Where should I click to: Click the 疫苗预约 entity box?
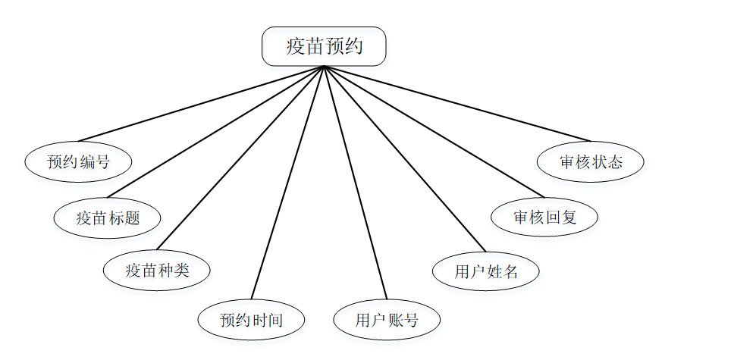[324, 47]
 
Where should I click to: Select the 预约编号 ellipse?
[78, 161]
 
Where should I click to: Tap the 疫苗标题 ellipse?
[108, 218]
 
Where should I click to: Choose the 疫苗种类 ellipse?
[156, 269]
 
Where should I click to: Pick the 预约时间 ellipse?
[251, 319]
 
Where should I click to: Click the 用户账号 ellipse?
[387, 319]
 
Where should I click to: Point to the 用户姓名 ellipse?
[485, 271]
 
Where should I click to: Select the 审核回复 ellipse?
[544, 217]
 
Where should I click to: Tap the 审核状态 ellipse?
[591, 161]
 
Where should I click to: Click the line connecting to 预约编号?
[201, 104]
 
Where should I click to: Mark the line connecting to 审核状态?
[457, 103]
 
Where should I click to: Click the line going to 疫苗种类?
[240, 158]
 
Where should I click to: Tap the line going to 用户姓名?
[404, 158]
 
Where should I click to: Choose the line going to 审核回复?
[434, 131]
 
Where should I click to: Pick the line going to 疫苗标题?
[216, 132]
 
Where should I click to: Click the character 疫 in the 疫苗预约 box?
[296, 47]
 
